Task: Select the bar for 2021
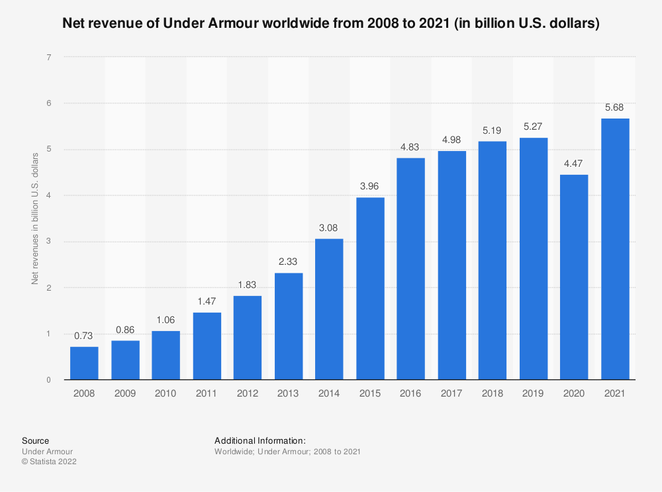(x=615, y=249)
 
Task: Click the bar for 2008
(x=84, y=363)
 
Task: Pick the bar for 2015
(x=370, y=289)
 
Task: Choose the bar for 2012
(x=248, y=338)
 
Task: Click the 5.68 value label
(x=615, y=109)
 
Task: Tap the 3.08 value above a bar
(x=329, y=228)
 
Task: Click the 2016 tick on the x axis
(x=411, y=393)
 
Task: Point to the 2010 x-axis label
(x=165, y=393)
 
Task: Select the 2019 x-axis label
(x=534, y=393)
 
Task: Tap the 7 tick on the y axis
(x=49, y=58)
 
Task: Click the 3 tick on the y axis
(x=49, y=242)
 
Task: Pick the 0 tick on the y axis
(x=49, y=380)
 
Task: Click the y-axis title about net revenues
(x=35, y=219)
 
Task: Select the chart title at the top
(x=331, y=25)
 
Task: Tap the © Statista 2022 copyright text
(x=49, y=462)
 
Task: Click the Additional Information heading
(x=260, y=440)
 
